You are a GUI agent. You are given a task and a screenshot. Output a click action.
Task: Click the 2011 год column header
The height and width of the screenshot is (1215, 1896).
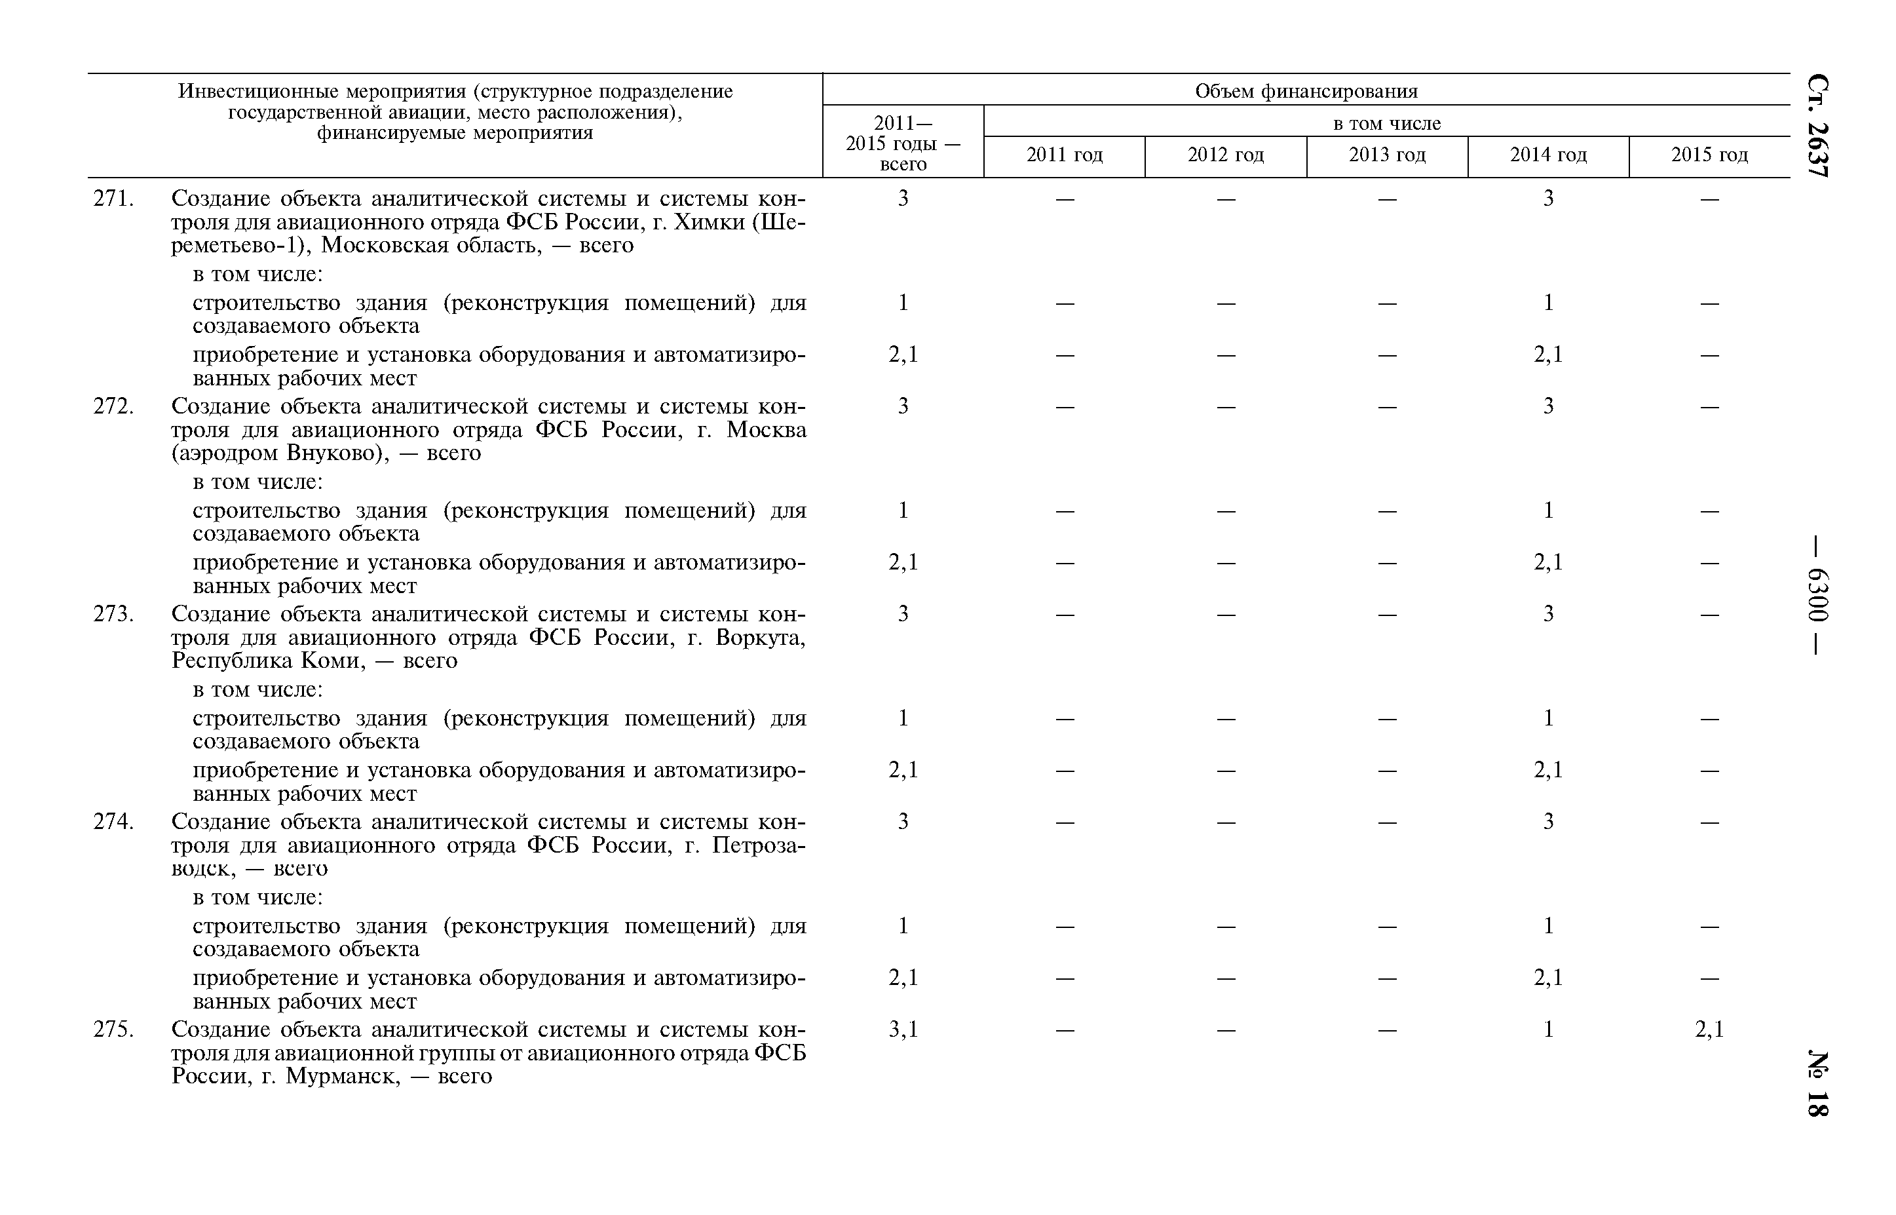pyautogui.click(x=1064, y=155)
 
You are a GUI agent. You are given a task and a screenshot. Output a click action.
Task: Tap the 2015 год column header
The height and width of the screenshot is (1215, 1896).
pyautogui.click(x=1709, y=155)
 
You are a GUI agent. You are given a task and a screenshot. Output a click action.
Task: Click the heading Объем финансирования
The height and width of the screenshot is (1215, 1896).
pyautogui.click(x=1306, y=92)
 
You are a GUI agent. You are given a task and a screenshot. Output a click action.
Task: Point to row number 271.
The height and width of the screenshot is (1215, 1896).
pyautogui.click(x=113, y=199)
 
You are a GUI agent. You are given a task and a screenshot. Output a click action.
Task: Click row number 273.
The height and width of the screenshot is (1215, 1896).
pyautogui.click(x=113, y=614)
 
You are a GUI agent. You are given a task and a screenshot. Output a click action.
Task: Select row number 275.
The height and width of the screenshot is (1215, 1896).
pyautogui.click(x=113, y=1030)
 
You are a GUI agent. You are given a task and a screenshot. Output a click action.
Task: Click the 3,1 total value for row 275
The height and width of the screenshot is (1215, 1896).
pyautogui.click(x=903, y=1030)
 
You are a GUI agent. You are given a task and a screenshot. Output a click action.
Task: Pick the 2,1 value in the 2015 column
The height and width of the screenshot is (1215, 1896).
pyautogui.click(x=1709, y=1030)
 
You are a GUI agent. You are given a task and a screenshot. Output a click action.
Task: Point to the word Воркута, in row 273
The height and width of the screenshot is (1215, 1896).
pyautogui.click(x=760, y=638)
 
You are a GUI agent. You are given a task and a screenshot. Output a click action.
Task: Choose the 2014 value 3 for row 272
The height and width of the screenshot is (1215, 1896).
pyautogui.click(x=1548, y=406)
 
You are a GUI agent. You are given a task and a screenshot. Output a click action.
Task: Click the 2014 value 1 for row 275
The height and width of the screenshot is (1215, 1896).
pyautogui.click(x=1548, y=1030)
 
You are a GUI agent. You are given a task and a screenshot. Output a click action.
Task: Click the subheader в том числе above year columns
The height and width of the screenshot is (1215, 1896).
pyautogui.click(x=1386, y=124)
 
